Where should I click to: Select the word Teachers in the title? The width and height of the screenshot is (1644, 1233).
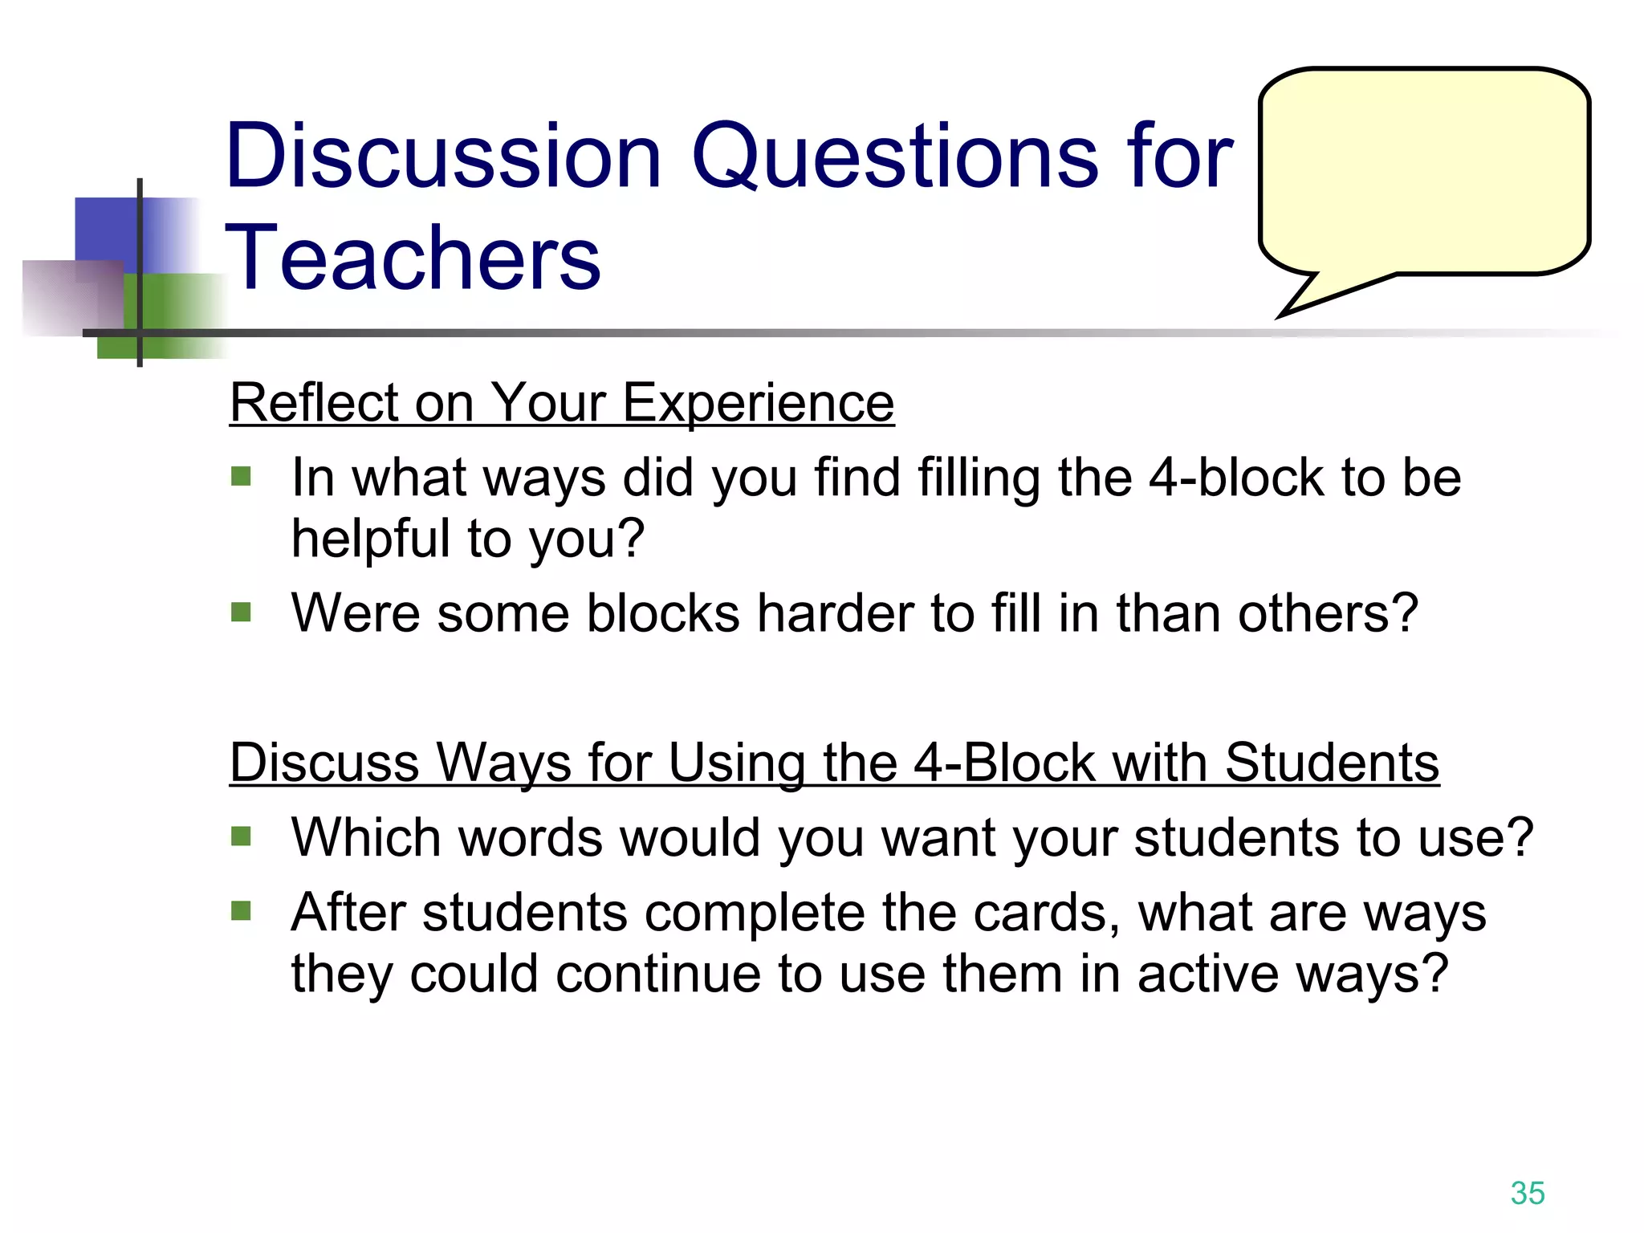click(413, 257)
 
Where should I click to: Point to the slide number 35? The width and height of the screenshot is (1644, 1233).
click(1527, 1193)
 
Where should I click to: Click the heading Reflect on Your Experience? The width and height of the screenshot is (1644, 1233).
click(562, 402)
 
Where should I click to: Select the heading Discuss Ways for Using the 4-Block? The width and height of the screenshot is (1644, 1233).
click(834, 762)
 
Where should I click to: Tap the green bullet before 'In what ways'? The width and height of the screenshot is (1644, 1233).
click(241, 478)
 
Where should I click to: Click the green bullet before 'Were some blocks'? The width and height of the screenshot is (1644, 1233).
click(241, 613)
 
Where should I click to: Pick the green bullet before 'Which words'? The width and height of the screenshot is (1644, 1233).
click(241, 837)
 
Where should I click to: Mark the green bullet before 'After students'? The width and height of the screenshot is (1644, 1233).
click(241, 911)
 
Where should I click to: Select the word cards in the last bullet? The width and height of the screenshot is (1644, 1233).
click(1046, 913)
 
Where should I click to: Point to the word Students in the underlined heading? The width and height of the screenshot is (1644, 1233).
click(1332, 762)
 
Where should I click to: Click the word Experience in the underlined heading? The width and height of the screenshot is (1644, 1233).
click(758, 402)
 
